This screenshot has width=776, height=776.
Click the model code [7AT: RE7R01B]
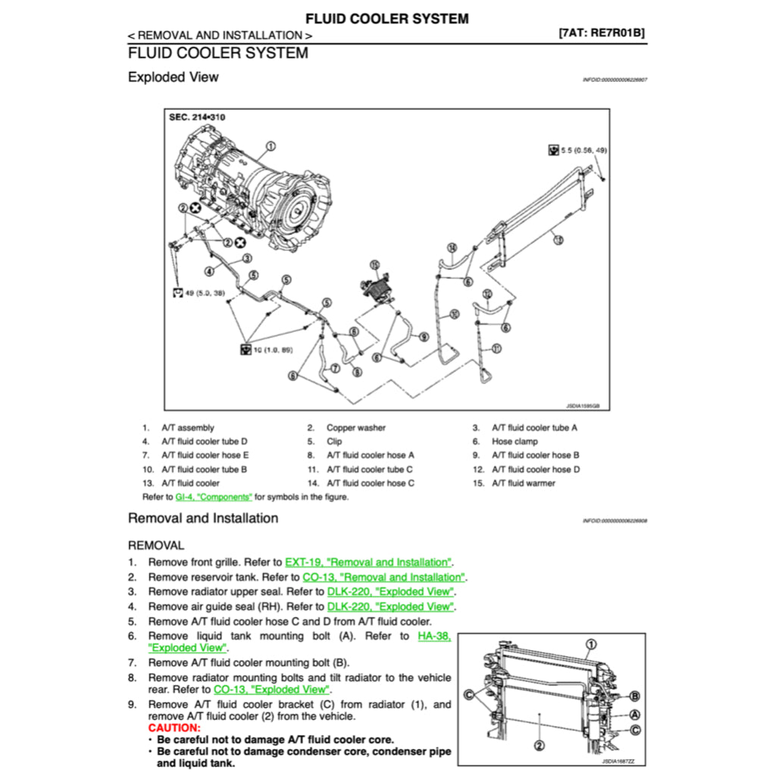coord(601,33)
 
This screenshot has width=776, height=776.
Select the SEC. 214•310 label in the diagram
coord(197,117)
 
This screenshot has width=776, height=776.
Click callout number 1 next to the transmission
coord(271,145)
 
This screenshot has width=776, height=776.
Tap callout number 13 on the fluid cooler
coord(558,240)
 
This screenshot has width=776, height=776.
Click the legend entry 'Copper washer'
coord(355,427)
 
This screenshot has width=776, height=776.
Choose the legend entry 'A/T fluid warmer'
coord(523,483)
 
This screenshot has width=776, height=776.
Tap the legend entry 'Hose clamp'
coord(515,441)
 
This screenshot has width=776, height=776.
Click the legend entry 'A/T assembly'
coord(187,427)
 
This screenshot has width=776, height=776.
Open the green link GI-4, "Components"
coord(214,497)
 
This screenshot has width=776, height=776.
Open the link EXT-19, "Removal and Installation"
coord(368,562)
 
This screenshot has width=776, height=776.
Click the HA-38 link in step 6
coord(433,636)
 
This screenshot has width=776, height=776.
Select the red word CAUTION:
coord(174,727)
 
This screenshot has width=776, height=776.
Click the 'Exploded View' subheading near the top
coord(173,77)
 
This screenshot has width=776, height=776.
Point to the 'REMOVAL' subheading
coord(155,545)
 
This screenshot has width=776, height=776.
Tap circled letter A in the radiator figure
coord(634,715)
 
